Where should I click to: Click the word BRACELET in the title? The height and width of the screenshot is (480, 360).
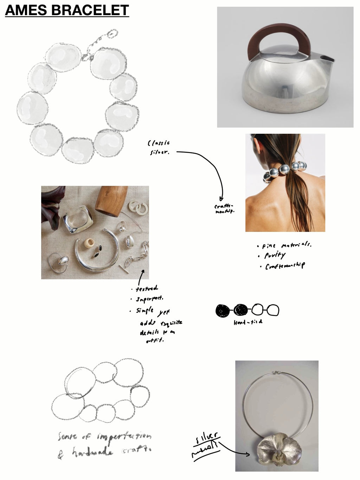pyautogui.click(x=91, y=10)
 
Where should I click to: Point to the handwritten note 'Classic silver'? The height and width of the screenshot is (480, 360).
pyautogui.click(x=159, y=147)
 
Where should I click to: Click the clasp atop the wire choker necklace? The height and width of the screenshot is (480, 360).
pyautogui.click(x=277, y=372)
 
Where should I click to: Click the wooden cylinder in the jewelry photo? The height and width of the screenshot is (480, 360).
pyautogui.click(x=109, y=201)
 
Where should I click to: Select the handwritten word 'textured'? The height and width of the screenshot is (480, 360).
pyautogui.click(x=147, y=289)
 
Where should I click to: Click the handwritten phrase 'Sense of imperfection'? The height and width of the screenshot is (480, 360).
pyautogui.click(x=105, y=437)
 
